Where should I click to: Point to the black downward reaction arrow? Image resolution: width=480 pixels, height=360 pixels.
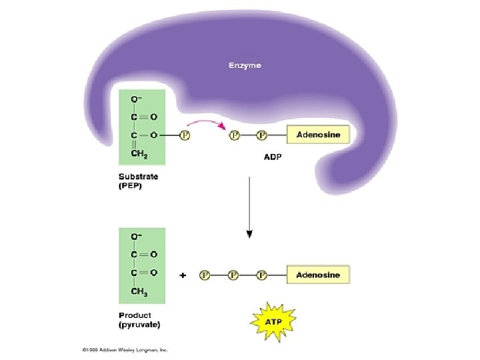249,207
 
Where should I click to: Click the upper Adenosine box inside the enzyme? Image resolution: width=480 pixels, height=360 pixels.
318,135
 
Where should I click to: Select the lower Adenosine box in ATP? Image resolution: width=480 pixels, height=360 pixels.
318,275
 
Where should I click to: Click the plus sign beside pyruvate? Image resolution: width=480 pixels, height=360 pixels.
183,275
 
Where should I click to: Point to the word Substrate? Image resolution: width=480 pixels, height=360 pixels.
137,177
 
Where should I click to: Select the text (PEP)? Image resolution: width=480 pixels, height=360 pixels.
131,186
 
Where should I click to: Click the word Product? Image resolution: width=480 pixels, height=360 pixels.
135,315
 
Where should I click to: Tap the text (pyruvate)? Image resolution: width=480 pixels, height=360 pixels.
139,325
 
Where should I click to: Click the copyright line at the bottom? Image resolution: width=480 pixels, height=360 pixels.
125,349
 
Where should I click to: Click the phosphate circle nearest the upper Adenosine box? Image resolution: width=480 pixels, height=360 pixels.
261,135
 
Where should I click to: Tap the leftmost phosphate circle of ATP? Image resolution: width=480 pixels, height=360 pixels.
205,275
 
